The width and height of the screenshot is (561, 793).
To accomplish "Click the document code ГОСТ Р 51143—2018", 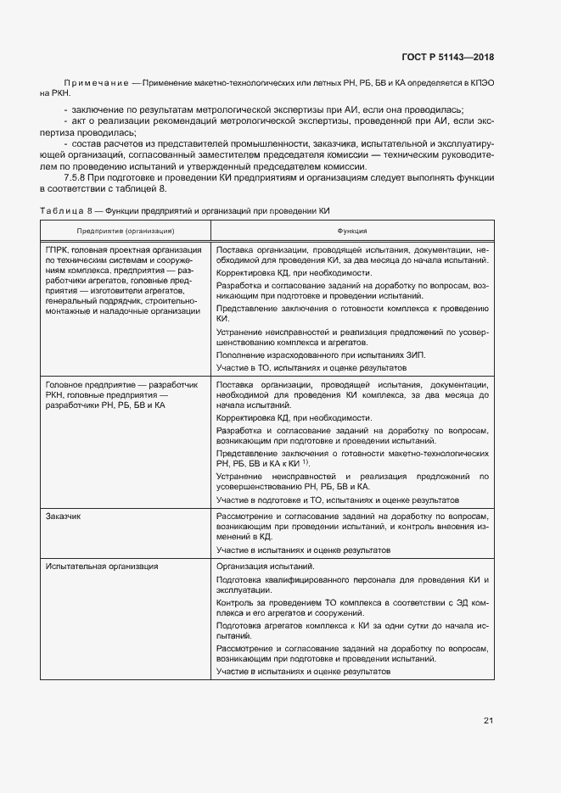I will [x=447, y=58].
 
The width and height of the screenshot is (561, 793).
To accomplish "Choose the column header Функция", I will [x=352, y=231].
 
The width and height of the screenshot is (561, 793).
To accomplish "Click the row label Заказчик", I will [x=64, y=516].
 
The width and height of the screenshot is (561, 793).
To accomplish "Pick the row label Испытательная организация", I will [x=102, y=566].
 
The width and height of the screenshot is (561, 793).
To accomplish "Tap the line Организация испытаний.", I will [x=266, y=566].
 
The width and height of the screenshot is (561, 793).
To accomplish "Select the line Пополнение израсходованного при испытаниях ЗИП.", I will [x=321, y=354].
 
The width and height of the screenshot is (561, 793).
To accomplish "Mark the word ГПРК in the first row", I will [x=57, y=250].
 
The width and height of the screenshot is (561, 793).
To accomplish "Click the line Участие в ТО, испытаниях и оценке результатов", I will [x=311, y=368].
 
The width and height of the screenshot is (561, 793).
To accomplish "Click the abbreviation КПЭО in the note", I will [x=476, y=82].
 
